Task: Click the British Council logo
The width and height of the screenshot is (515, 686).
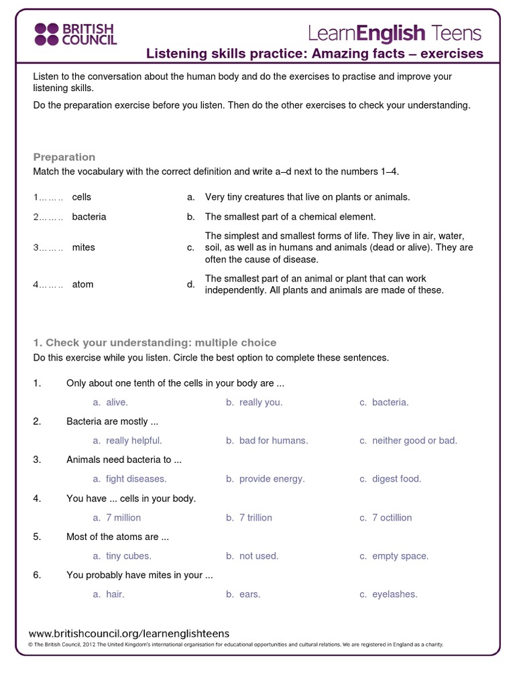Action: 75,33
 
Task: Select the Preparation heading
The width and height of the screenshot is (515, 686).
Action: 64,157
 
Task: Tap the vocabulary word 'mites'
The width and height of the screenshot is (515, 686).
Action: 84,247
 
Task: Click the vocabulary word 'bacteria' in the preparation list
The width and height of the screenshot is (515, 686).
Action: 89,217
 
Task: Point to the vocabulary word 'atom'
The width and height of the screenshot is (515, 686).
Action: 83,284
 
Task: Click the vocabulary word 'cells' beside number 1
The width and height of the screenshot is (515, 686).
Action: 82,197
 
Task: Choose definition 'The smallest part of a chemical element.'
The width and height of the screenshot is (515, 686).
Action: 290,217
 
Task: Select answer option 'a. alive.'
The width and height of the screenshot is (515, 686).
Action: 111,402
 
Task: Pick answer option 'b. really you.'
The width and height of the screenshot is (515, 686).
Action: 254,402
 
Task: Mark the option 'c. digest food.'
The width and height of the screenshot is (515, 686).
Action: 390,479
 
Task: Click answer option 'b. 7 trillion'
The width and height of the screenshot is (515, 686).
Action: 249,518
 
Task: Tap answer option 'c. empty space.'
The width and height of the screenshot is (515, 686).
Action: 394,556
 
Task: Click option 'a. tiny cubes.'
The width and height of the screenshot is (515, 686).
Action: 123,556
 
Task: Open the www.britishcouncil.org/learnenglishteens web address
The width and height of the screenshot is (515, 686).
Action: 129,633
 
